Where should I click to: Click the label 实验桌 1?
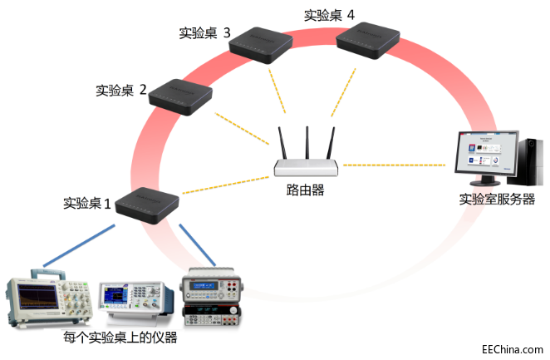(x=86, y=203)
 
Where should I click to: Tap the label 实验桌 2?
(x=121, y=90)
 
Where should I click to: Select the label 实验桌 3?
(x=204, y=32)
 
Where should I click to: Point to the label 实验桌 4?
(x=329, y=15)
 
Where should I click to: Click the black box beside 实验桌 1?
(x=147, y=205)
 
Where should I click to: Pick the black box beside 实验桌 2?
(x=180, y=97)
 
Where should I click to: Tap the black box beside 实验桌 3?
(x=261, y=45)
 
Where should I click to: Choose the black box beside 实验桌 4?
(x=368, y=41)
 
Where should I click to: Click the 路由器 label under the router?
(x=305, y=190)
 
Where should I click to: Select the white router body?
(x=307, y=168)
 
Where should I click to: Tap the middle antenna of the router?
(x=307, y=143)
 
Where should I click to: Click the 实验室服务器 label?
(x=497, y=199)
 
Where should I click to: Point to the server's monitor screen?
(x=487, y=153)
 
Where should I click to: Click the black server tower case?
(x=525, y=162)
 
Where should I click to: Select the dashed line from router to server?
(x=395, y=165)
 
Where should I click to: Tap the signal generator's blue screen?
(x=115, y=295)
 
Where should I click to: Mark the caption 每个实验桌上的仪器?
(x=120, y=338)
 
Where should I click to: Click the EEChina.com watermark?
(x=513, y=349)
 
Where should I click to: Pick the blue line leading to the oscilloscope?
(x=79, y=245)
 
